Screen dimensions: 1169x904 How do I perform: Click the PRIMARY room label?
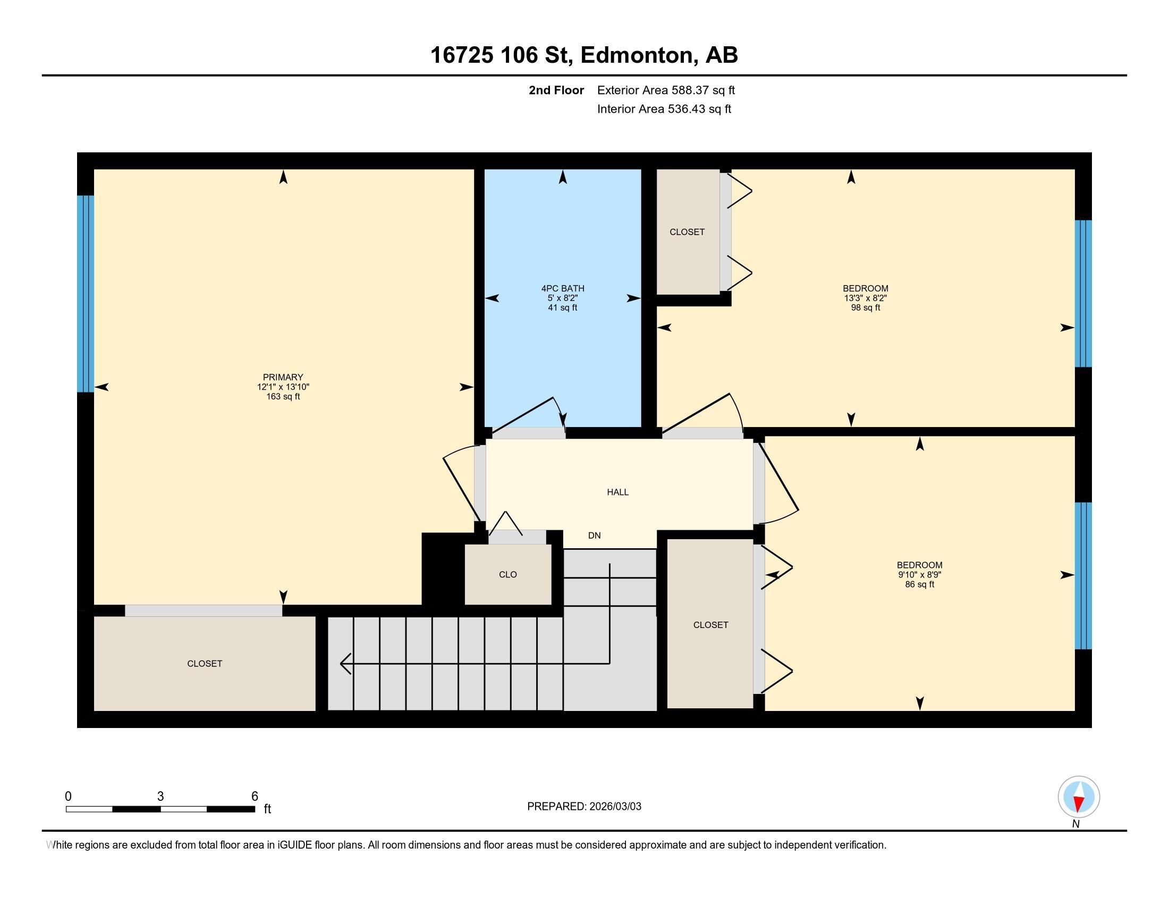(x=283, y=377)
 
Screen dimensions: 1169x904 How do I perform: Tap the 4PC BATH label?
(x=563, y=288)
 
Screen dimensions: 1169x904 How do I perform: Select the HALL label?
(x=617, y=492)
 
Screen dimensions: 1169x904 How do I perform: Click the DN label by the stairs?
(x=594, y=535)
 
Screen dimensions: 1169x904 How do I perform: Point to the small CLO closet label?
(x=508, y=575)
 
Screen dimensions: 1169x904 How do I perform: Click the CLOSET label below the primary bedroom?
(x=205, y=664)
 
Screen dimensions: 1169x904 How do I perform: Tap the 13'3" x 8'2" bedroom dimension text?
(x=866, y=298)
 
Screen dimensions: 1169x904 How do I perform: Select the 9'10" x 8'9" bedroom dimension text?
(x=920, y=575)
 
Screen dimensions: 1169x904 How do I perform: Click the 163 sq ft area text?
(x=283, y=397)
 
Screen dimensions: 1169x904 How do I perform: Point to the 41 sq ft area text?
(x=563, y=308)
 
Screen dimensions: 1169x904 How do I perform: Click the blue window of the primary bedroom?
(x=86, y=294)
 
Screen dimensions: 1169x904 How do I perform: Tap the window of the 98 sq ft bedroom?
(x=1083, y=294)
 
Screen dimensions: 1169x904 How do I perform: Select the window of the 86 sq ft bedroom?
(x=1083, y=576)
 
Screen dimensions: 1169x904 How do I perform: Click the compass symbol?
(x=1079, y=797)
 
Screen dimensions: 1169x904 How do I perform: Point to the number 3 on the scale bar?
(x=160, y=797)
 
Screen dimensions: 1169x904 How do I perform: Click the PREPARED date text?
(x=584, y=807)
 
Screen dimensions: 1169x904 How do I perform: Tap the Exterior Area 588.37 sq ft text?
(x=666, y=90)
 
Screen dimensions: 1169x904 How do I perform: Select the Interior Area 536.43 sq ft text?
(x=664, y=109)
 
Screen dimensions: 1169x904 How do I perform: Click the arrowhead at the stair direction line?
(x=345, y=664)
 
